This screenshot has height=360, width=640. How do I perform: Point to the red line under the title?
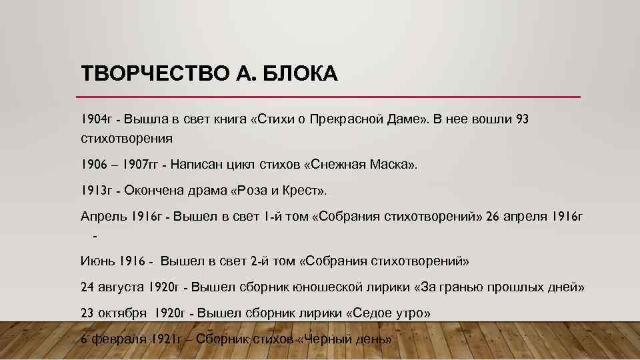[331, 97]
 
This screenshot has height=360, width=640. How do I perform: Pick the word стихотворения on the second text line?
[127, 139]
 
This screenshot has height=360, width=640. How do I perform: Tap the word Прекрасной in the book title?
[353, 119]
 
